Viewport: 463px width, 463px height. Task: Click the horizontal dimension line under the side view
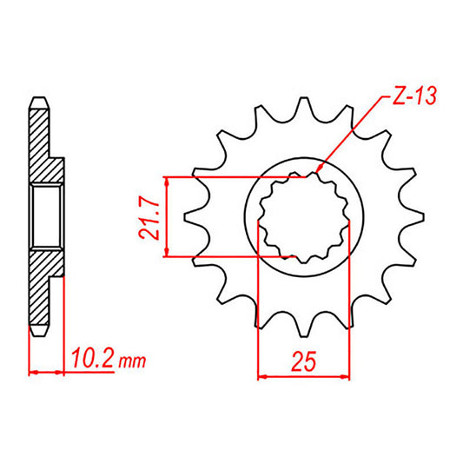click(x=46, y=374)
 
